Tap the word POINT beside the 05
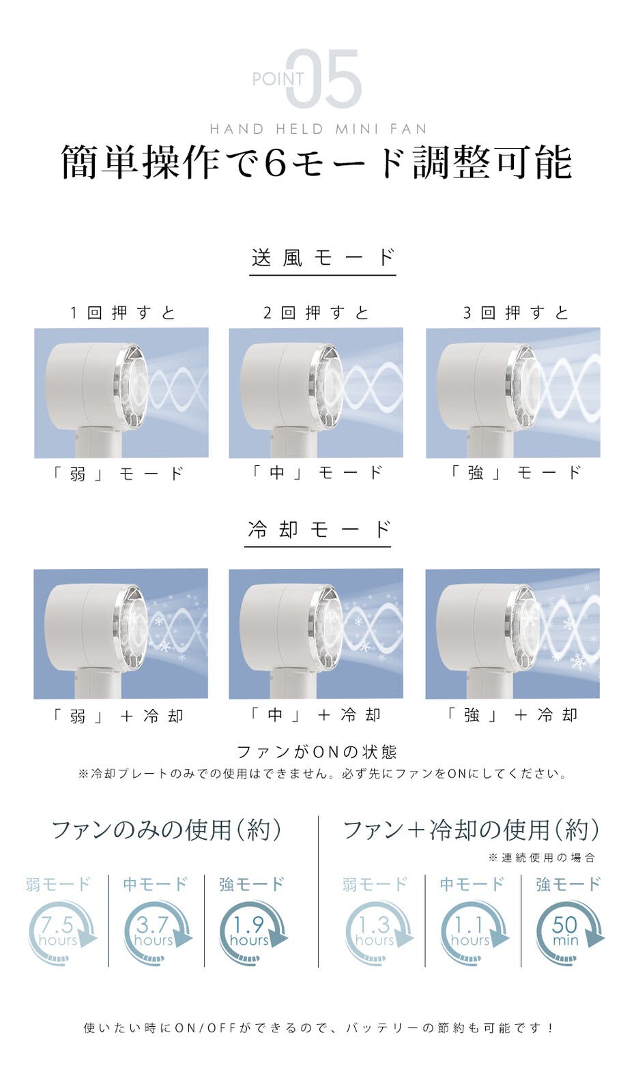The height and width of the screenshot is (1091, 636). [x=278, y=79]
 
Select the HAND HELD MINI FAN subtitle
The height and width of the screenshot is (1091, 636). [x=318, y=129]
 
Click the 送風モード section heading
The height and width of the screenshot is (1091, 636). [x=322, y=258]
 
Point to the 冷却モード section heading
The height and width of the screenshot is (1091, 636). [x=319, y=529]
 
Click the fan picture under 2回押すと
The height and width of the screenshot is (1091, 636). [x=316, y=392]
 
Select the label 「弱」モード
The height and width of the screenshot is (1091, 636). [x=118, y=474]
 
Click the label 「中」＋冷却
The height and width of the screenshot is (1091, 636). [x=315, y=714]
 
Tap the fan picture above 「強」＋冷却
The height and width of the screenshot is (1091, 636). [x=512, y=634]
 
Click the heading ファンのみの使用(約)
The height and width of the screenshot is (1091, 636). [x=166, y=830]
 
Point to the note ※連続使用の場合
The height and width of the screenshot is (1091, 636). [x=542, y=858]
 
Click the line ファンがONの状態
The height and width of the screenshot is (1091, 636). [x=317, y=752]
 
